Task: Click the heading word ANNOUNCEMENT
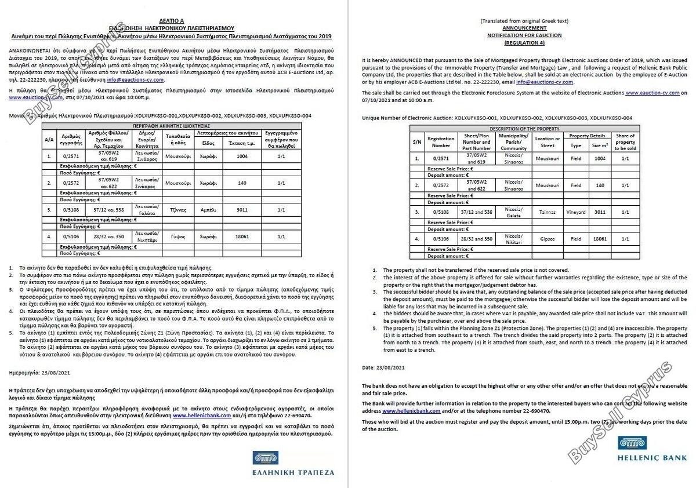coord(524,28)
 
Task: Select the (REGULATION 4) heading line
coord(524,43)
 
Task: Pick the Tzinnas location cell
coord(548,212)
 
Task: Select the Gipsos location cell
coord(548,238)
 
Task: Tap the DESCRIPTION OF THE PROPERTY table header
coord(524,128)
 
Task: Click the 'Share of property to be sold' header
coord(625,142)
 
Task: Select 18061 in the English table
coord(600,238)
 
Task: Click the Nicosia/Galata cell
coord(513,212)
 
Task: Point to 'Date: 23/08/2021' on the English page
coord(383,367)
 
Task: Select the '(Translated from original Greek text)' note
coord(524,21)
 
